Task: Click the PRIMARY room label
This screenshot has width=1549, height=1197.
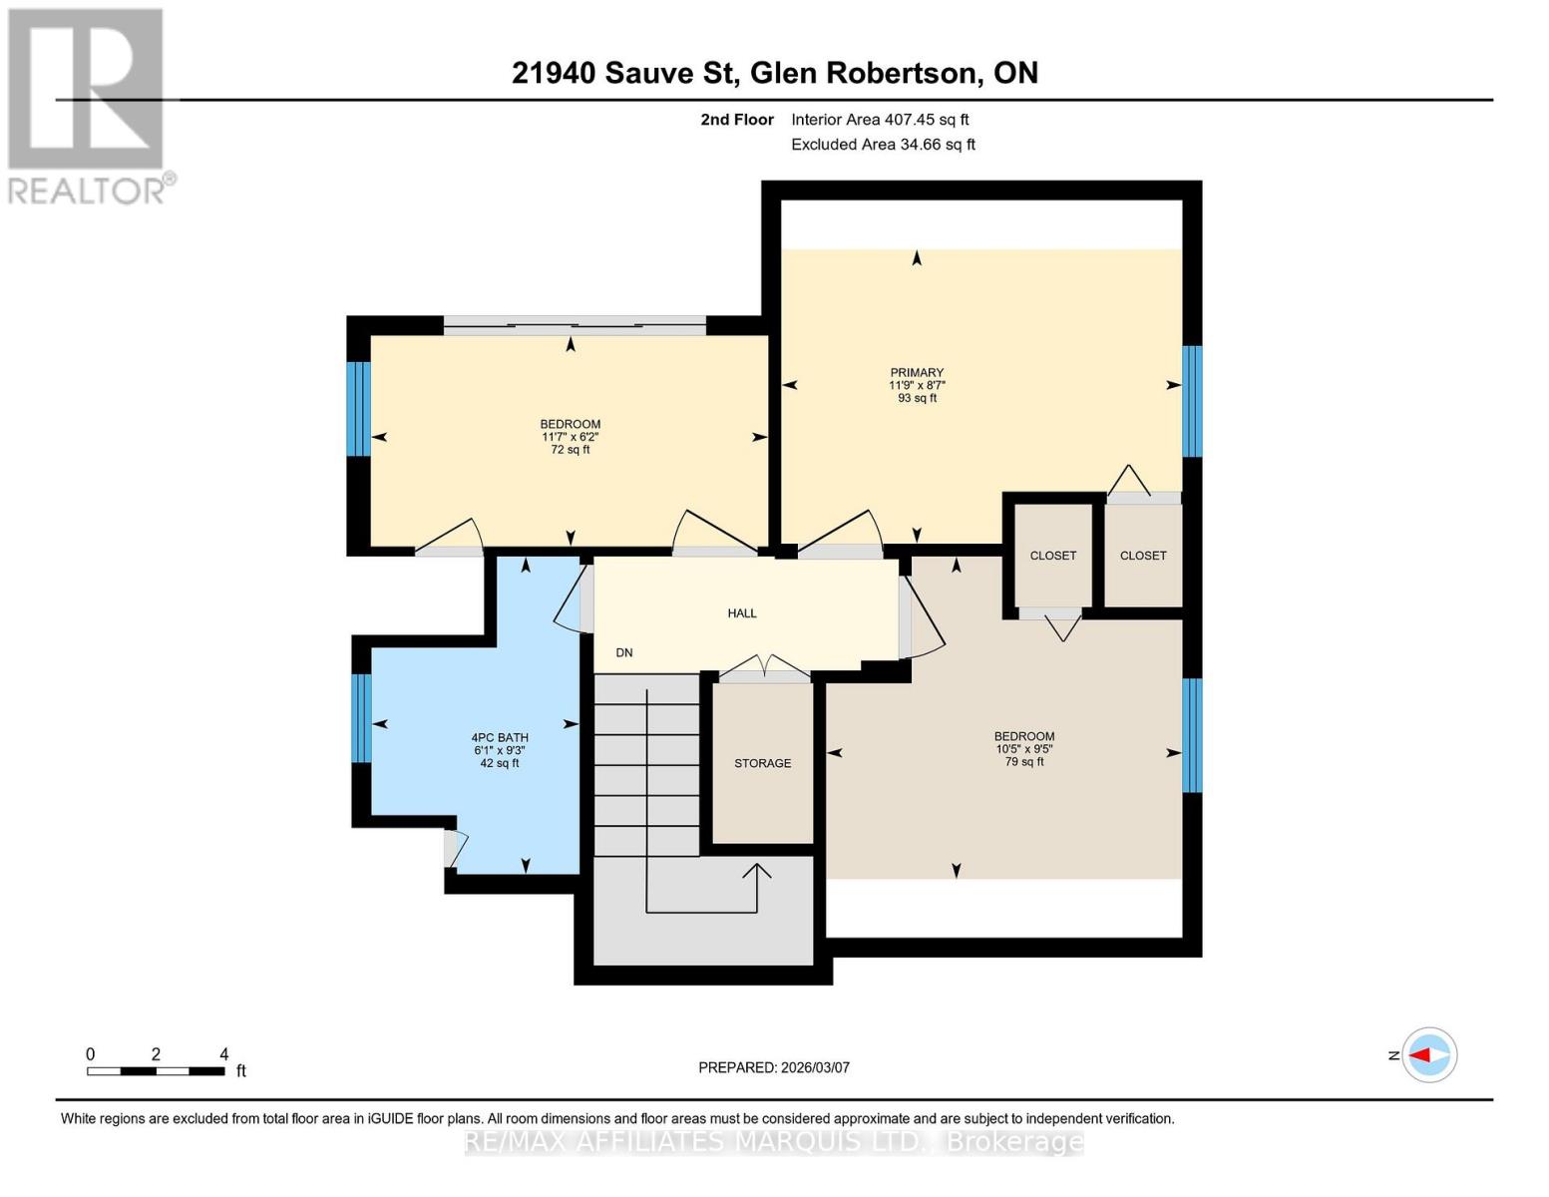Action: pos(916,372)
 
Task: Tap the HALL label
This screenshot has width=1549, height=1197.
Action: pos(741,613)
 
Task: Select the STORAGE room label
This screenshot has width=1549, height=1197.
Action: pos(762,763)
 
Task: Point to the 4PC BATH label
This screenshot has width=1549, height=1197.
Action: pos(499,738)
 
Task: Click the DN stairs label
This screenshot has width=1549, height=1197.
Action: pos(623,652)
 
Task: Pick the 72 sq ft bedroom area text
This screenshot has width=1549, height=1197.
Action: pos(570,450)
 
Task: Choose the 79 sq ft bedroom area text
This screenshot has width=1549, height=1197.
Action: pos(1023,761)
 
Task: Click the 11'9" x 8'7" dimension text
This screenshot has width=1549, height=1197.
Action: pos(916,385)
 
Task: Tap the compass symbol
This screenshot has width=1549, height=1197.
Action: pos(1428,1054)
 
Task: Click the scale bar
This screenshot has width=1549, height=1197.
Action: pos(156,1070)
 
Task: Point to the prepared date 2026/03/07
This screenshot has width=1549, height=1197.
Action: pos(814,1067)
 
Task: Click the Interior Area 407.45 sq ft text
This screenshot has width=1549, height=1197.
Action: pos(880,120)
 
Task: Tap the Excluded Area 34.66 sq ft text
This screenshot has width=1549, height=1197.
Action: pos(883,144)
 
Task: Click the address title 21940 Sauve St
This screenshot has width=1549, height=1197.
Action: pos(624,73)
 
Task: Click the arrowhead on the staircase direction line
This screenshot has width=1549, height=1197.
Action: pos(756,871)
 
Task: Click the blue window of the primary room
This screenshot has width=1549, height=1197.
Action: pos(1192,401)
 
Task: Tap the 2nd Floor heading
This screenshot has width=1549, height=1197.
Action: pos(736,120)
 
